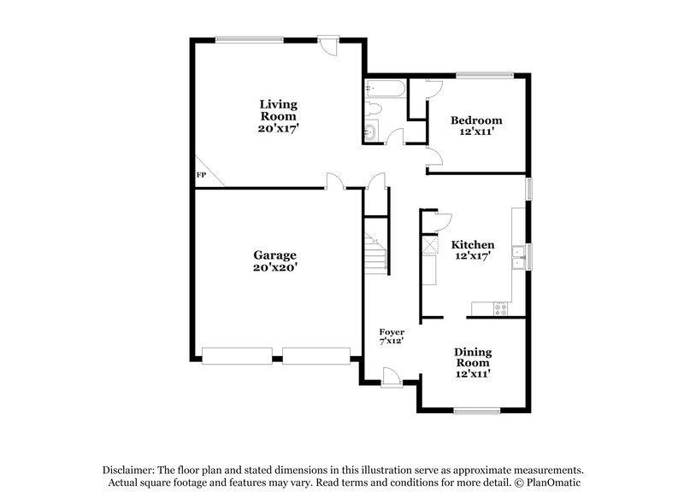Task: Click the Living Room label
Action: (279, 115)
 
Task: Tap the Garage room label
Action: (274, 260)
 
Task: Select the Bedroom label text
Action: (476, 126)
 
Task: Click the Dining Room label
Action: (473, 362)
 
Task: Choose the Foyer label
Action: (392, 336)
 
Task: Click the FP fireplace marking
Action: (202, 175)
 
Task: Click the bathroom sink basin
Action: (370, 132)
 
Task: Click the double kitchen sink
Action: (518, 257)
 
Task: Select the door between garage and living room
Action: (336, 182)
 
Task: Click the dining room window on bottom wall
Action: (476, 412)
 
